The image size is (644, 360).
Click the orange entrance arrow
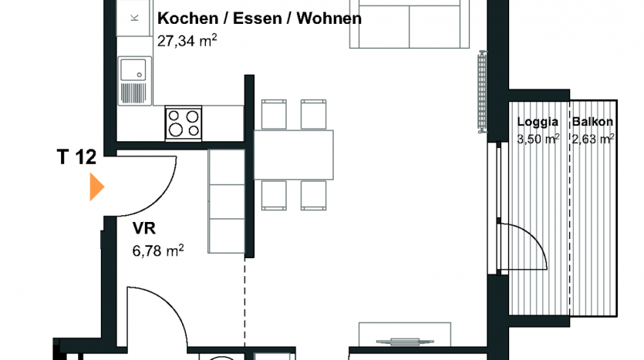pos(96,187)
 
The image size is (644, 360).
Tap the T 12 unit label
pos(76,156)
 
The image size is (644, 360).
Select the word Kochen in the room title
pos(187,19)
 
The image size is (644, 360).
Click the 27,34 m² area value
pos(187,41)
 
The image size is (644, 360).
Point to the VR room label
pos(143,228)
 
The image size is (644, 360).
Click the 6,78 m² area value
pos(157,250)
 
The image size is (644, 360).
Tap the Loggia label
pos(538,122)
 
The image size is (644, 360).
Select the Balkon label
pos(592,122)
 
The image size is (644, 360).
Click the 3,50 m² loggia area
pos(538,139)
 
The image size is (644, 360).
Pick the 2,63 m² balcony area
pos(593,139)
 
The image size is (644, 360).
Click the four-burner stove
pos(184,123)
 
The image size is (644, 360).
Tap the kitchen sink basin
pos(133,70)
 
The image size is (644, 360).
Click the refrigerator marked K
pos(133,18)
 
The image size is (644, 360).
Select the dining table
pos(294,155)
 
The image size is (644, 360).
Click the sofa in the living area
pos(409,24)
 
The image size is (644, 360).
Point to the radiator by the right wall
pos(482,91)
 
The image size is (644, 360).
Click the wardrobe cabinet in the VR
pos(226,201)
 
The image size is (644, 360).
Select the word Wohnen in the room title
pos(329,19)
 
